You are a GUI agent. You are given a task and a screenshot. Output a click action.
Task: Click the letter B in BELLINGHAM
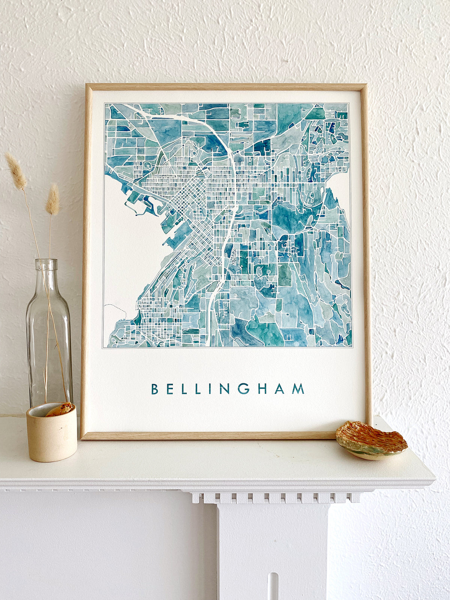pyautogui.click(x=154, y=389)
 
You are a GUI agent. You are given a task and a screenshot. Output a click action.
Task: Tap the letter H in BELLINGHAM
pyautogui.click(x=262, y=389)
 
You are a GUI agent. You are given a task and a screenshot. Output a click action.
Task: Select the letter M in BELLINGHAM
pyautogui.click(x=298, y=389)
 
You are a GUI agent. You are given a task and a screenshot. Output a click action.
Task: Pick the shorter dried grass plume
pyautogui.click(x=53, y=199)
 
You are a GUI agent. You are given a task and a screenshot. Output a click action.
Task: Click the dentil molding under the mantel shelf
pyautogui.click(x=276, y=498)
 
